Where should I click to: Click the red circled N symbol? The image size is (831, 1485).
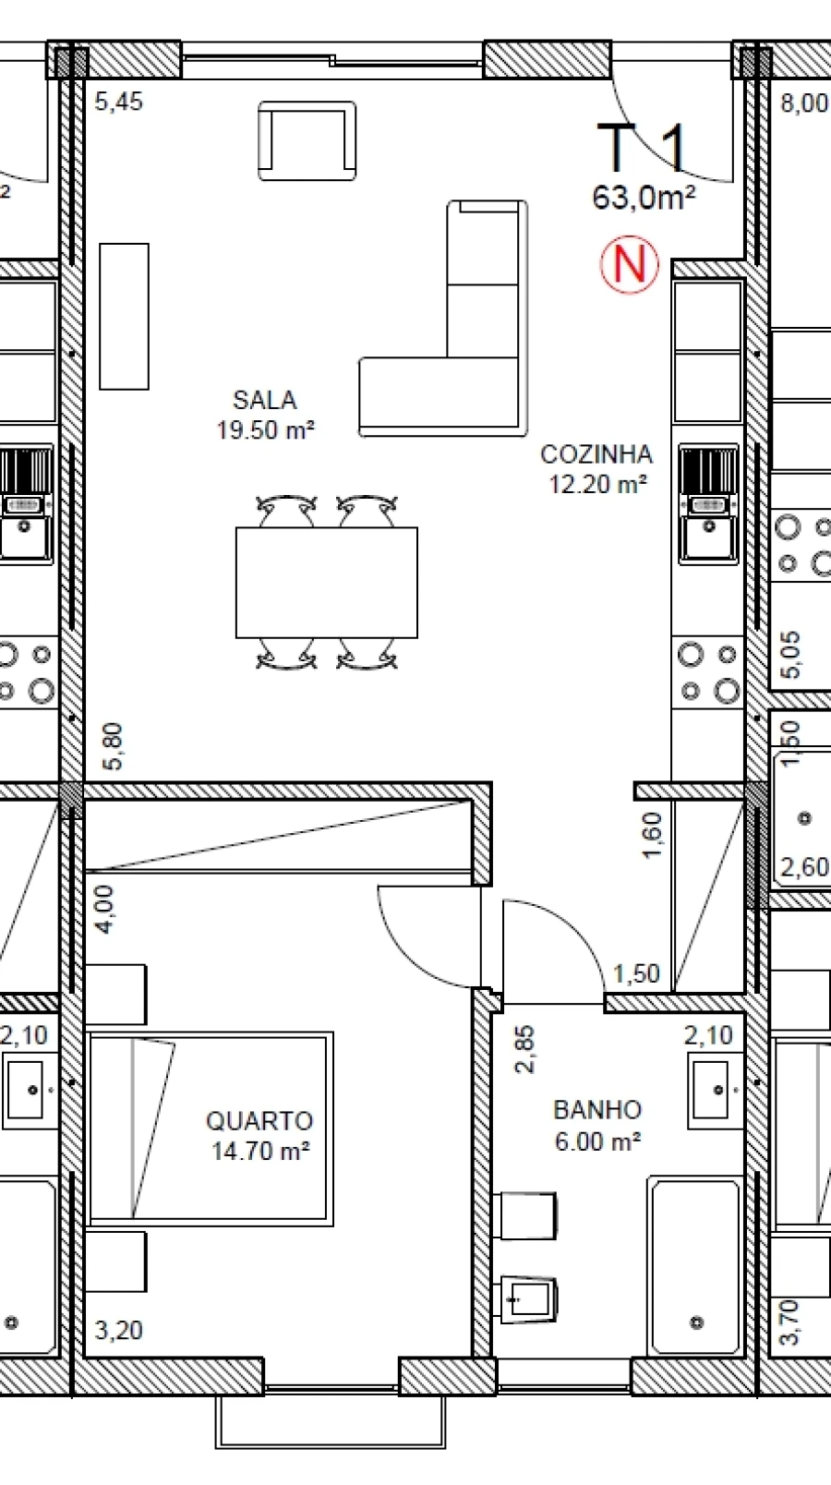(x=629, y=264)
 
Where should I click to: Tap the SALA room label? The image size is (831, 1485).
(x=265, y=400)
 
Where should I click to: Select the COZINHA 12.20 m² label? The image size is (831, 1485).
(x=596, y=468)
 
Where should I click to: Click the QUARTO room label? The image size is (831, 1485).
(x=259, y=1135)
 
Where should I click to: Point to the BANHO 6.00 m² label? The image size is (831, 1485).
(x=597, y=1125)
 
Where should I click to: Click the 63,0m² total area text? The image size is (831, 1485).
(x=643, y=198)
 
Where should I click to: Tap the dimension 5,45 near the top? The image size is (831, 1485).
(x=119, y=102)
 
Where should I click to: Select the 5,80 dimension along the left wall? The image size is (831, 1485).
(x=113, y=746)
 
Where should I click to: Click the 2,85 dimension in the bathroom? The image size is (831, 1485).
(x=524, y=1049)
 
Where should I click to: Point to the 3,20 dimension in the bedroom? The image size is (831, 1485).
(x=119, y=1330)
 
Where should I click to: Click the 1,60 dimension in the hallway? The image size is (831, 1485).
(x=652, y=834)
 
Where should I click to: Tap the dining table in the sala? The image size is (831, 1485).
(x=326, y=583)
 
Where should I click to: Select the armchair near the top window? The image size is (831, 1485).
(x=307, y=140)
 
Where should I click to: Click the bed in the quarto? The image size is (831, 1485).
(x=211, y=1129)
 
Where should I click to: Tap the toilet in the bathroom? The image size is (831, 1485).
(x=527, y=1215)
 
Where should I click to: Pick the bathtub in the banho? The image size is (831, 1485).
(x=695, y=1265)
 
